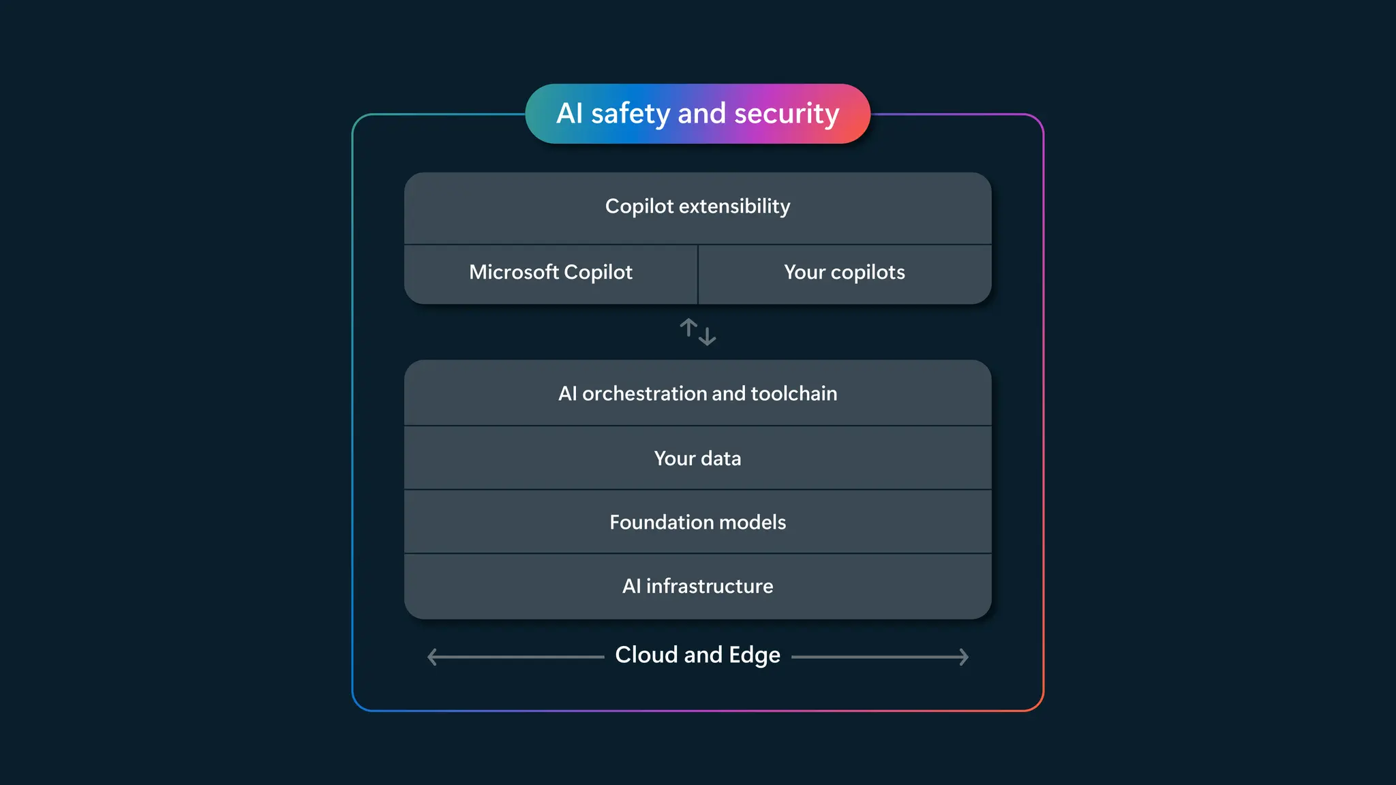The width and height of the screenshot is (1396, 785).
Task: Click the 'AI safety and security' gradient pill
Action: [697, 114]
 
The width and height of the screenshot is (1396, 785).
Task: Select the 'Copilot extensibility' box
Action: [697, 206]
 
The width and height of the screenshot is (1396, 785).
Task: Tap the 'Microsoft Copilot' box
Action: [551, 273]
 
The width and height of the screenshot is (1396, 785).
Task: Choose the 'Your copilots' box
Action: [844, 273]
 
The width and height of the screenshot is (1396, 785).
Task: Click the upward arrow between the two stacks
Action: [688, 328]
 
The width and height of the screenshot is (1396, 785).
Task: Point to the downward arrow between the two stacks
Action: [708, 336]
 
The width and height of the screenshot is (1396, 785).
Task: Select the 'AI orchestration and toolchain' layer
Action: [697, 393]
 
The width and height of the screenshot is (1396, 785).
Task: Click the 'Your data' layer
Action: [697, 458]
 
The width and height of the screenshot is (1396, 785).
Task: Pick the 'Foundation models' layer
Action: [697, 522]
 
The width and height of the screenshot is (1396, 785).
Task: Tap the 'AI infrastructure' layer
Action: [697, 586]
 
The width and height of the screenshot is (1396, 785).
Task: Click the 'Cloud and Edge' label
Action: [697, 655]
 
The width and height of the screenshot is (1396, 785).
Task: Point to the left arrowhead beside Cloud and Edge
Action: [431, 657]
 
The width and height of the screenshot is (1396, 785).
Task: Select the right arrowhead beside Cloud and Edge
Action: [964, 657]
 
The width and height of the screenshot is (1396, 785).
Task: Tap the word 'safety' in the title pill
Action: [630, 114]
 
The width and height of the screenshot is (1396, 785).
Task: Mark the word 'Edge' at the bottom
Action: [754, 655]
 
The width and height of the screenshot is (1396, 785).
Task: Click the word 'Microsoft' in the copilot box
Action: [513, 273]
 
